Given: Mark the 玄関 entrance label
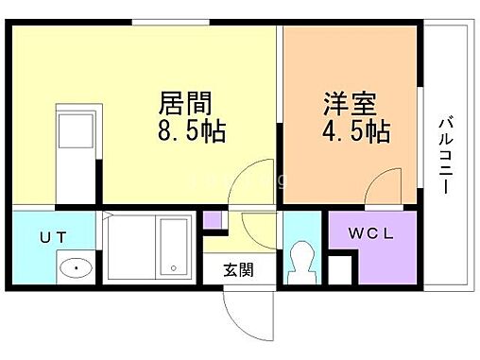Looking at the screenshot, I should tap(238, 268).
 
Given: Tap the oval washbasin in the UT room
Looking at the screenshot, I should tap(74, 268).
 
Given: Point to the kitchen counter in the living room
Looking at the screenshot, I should tap(72, 151).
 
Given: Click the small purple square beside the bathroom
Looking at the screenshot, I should tap(214, 222).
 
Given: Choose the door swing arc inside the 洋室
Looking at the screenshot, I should tap(382, 189).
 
